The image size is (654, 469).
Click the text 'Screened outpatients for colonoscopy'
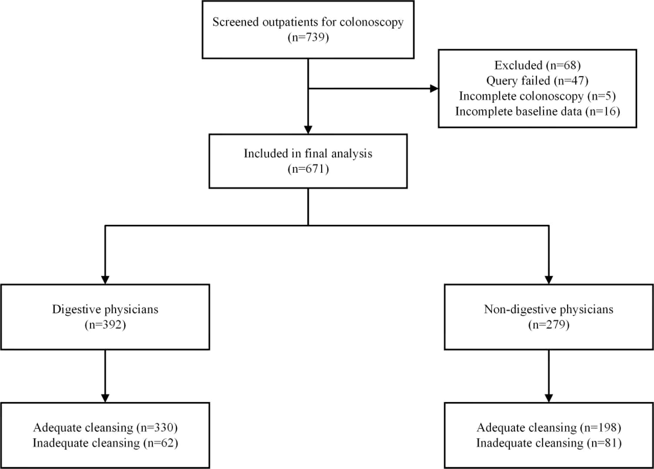308,22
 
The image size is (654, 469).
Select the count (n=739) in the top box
308,37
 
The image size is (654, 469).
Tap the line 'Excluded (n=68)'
537,65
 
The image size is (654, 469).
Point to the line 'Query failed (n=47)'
537,81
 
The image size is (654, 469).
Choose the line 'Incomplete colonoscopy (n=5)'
537,96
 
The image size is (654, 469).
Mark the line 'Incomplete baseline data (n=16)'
537,112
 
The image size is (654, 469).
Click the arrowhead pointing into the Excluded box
434,89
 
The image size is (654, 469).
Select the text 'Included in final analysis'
308,154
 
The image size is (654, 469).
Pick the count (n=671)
308,169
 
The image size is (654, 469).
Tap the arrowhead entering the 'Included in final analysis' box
308,129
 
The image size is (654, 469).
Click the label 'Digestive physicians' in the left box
105,310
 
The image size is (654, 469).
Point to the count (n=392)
105,325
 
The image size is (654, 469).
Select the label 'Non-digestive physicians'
548,310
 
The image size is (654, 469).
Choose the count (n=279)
548,325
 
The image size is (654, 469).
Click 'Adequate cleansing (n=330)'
105,428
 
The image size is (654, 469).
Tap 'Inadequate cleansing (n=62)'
105,443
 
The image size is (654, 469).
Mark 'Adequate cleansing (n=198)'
548,428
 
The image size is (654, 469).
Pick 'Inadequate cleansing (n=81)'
548,443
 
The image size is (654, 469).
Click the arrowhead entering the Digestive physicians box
105,280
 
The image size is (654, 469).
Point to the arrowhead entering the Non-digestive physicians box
549,280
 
